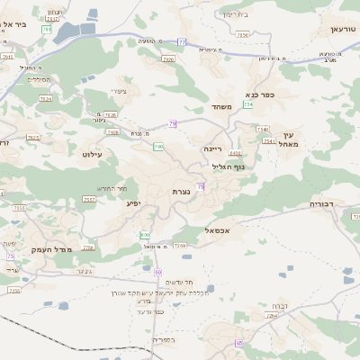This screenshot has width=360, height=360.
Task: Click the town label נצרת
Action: (x=180, y=192)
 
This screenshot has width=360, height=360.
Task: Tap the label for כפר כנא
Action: (x=259, y=93)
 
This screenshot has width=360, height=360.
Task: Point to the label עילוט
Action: (x=93, y=155)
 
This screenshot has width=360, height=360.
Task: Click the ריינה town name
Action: (x=212, y=148)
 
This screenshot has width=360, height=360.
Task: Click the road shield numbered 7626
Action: (x=111, y=114)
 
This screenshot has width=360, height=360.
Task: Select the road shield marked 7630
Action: (x=243, y=35)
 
